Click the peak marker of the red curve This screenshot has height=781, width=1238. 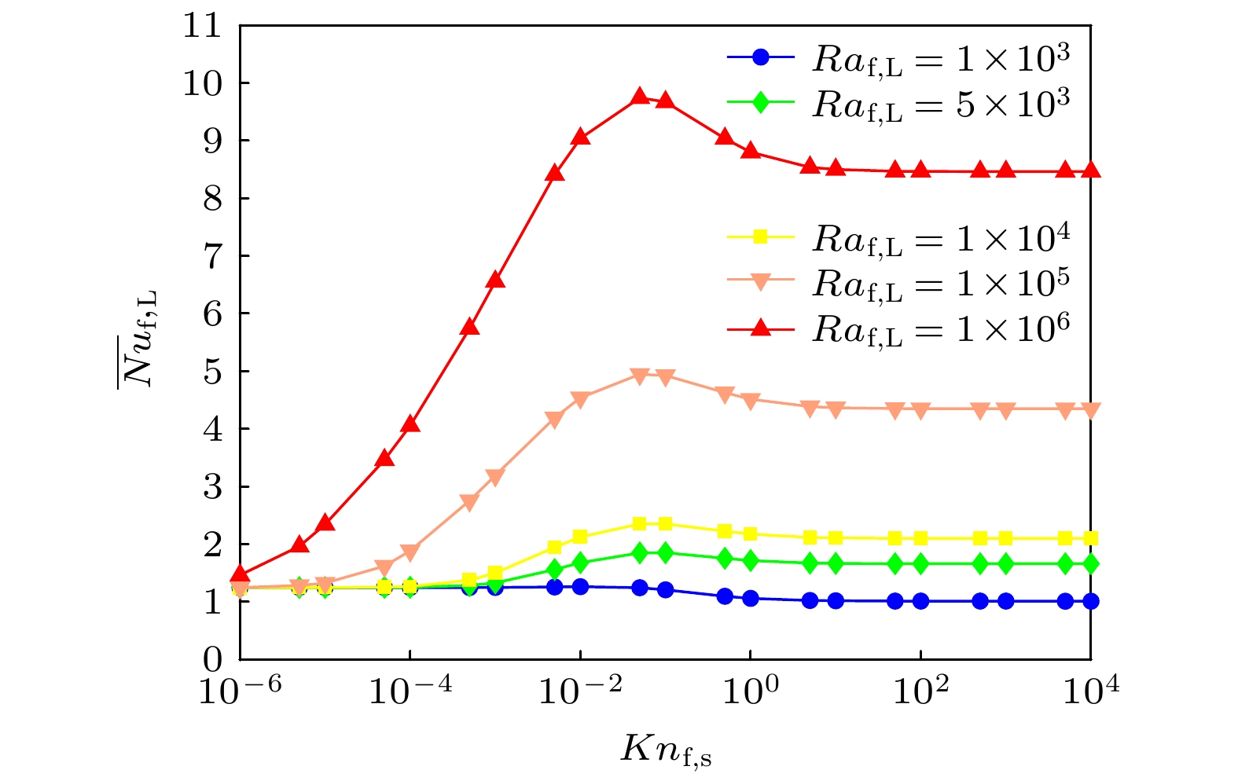(x=640, y=96)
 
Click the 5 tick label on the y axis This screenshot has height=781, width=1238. (x=212, y=372)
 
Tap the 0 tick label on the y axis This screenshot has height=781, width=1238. (x=212, y=659)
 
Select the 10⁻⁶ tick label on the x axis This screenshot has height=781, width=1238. (x=229, y=691)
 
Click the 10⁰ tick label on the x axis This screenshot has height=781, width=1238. (x=751, y=691)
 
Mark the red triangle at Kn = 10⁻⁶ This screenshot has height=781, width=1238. (x=241, y=575)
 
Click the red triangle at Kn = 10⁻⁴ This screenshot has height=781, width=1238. (x=410, y=424)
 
